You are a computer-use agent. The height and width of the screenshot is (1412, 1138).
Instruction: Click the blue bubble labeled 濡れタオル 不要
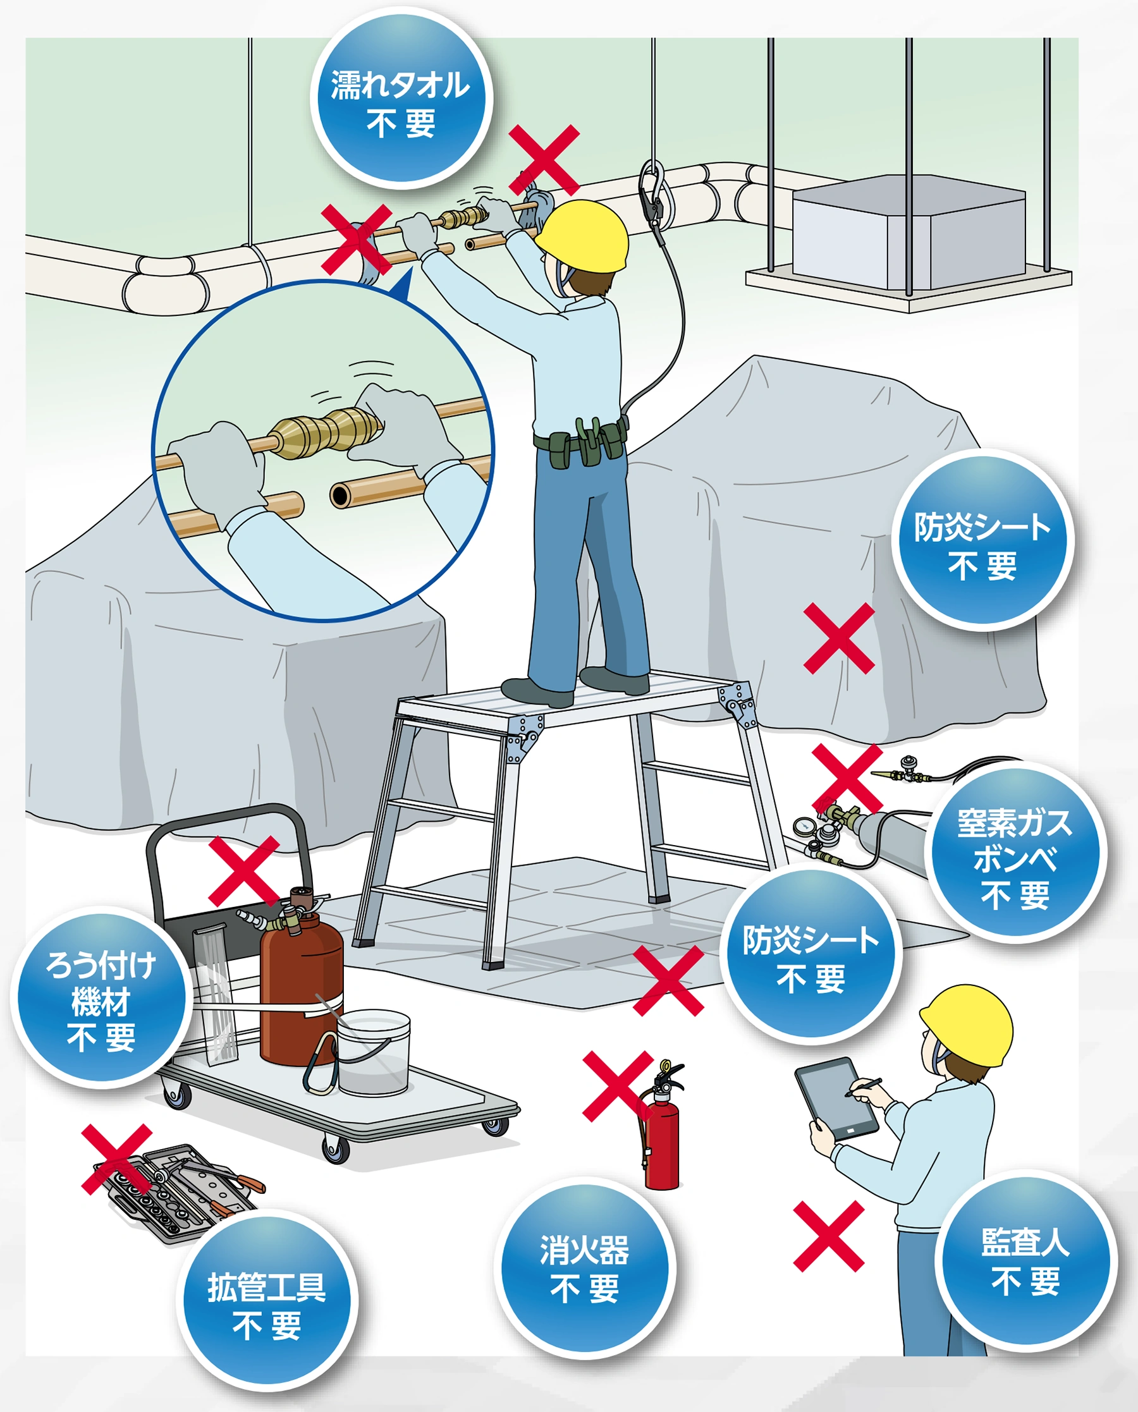(x=401, y=98)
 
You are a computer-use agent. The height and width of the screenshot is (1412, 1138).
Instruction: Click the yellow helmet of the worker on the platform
(x=582, y=236)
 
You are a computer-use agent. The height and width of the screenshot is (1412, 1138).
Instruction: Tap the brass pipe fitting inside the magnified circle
(x=326, y=431)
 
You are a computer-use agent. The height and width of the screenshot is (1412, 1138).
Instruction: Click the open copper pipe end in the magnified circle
(x=341, y=496)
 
